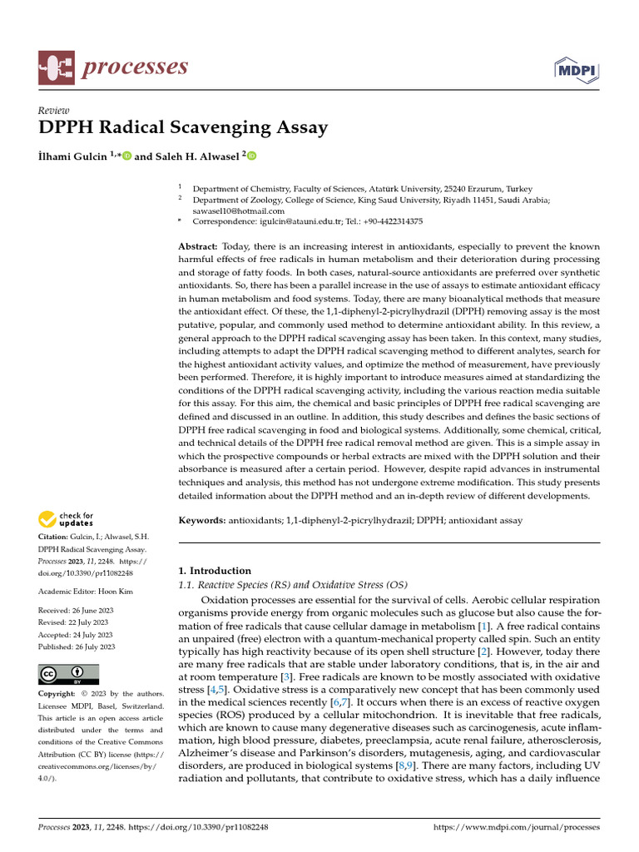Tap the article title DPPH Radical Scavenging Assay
183,128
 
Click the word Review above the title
54,111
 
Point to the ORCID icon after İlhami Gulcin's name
127,156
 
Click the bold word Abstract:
198,248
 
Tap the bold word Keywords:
202,520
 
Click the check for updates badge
67,520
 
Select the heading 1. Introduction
215,571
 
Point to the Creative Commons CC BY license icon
69,673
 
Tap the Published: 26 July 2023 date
77,646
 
